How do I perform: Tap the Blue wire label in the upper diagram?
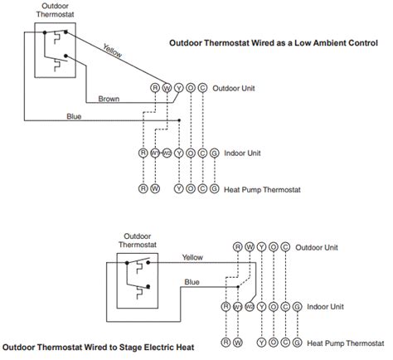(73, 116)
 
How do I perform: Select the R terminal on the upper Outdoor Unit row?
(154, 87)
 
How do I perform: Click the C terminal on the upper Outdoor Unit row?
(203, 87)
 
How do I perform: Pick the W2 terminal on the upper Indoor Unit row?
(167, 153)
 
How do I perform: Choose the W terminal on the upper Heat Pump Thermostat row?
(154, 190)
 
